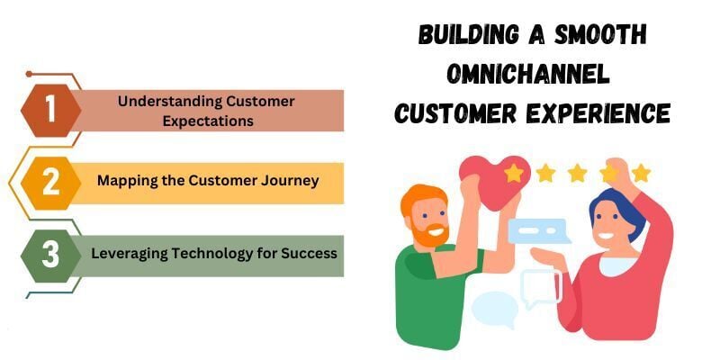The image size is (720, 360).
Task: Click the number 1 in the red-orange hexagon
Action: click(50, 110)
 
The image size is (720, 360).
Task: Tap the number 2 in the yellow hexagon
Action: click(50, 183)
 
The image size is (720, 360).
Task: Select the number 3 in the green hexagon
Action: click(50, 255)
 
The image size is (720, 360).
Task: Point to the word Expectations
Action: click(208, 121)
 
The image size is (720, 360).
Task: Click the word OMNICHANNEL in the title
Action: click(528, 74)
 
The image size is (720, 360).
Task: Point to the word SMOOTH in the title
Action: click(600, 34)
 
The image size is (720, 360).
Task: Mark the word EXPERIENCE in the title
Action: click(598, 112)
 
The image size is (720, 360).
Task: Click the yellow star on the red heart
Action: click(513, 173)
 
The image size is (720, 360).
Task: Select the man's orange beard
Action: click(429, 234)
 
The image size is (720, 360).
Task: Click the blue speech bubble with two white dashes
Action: click(539, 231)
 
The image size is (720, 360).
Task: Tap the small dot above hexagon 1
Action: click(29, 74)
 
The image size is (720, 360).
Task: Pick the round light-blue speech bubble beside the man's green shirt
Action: click(495, 310)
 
